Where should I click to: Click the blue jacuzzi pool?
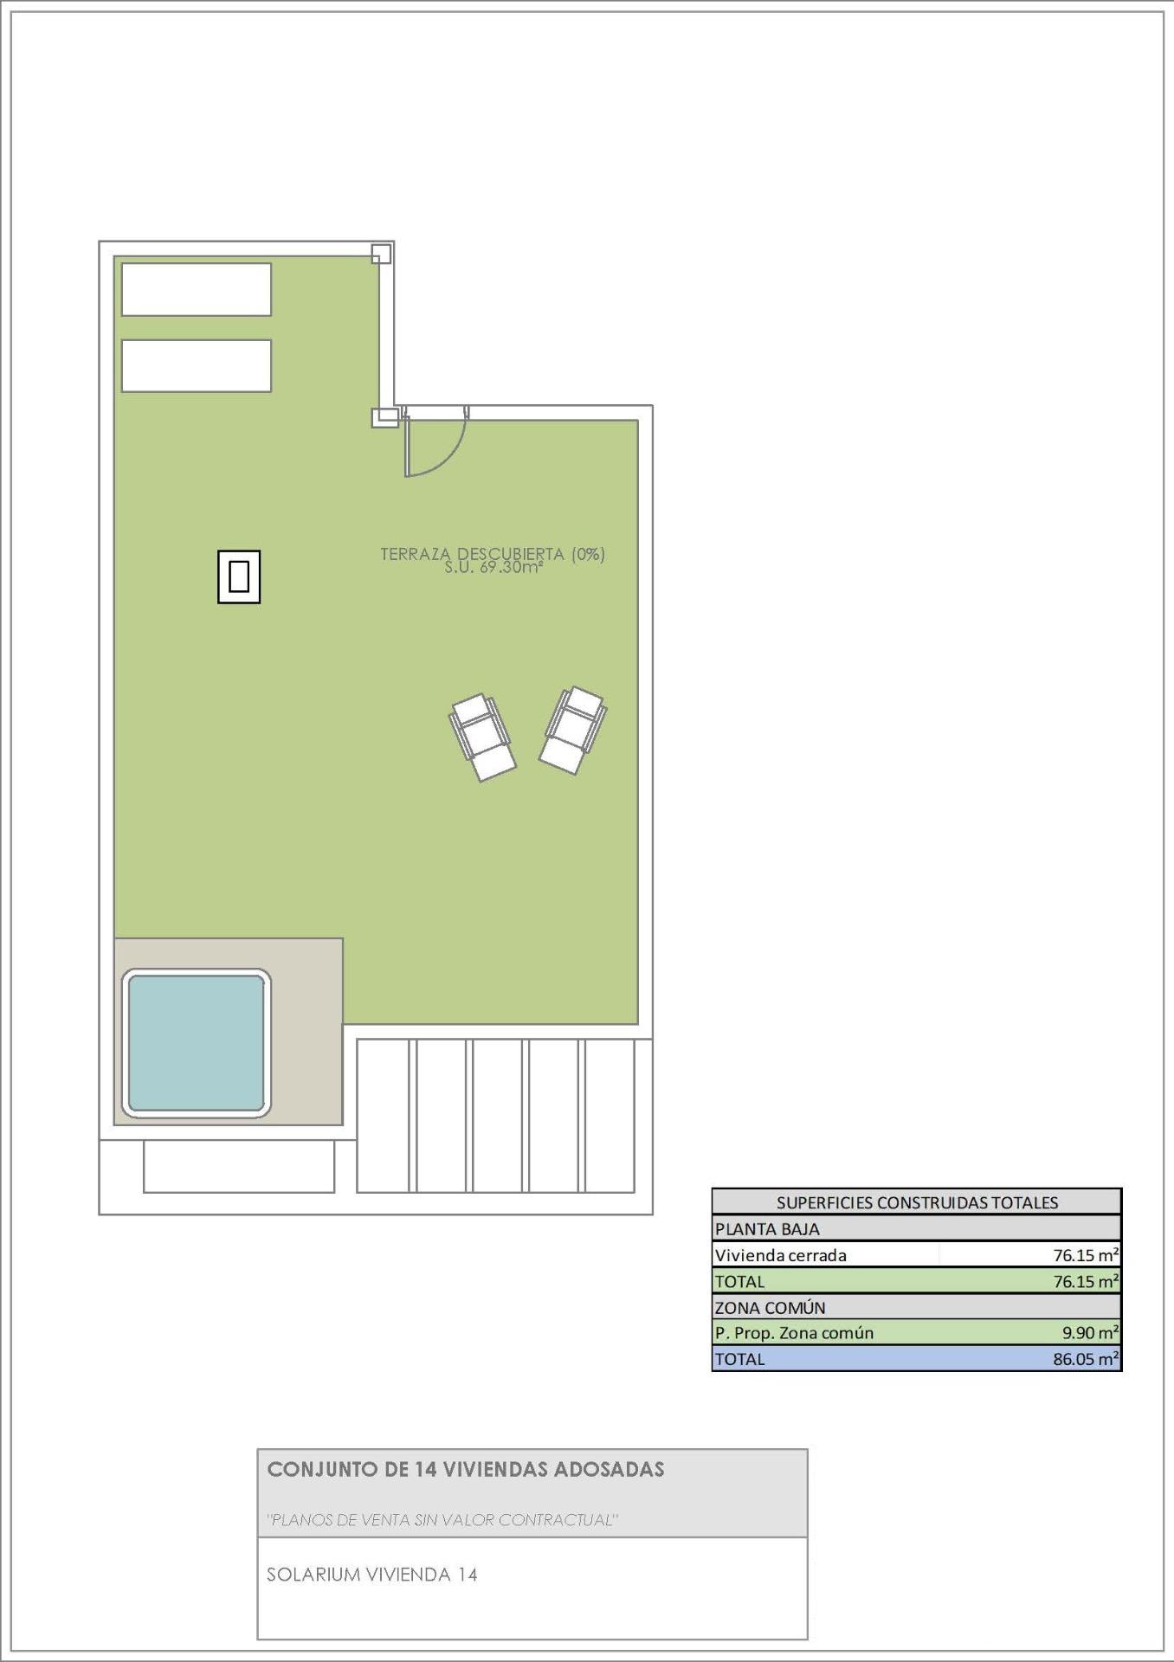tap(196, 1042)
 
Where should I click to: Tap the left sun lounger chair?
tap(482, 738)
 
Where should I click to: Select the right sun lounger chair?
tap(572, 731)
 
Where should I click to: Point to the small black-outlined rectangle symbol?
tap(239, 577)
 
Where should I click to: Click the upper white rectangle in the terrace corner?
tap(196, 289)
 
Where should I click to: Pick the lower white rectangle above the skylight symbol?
tap(196, 365)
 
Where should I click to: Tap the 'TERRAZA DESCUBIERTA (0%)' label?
tap(492, 553)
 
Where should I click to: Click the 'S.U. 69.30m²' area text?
tap(493, 568)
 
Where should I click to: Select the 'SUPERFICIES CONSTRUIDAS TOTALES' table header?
tap(917, 1201)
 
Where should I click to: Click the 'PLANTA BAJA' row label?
tap(767, 1228)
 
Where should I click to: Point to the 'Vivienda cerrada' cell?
tap(781, 1255)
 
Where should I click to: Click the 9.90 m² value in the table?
tap(1090, 1333)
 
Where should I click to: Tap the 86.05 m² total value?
tap(1086, 1359)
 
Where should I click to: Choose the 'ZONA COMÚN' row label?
tap(770, 1307)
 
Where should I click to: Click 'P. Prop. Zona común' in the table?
tap(794, 1333)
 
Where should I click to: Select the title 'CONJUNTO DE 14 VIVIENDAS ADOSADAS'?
tap(466, 1469)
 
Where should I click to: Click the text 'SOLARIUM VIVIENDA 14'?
tap(372, 1575)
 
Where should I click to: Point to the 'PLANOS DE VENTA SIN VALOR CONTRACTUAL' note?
tap(442, 1520)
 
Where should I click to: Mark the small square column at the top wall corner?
tap(381, 254)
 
